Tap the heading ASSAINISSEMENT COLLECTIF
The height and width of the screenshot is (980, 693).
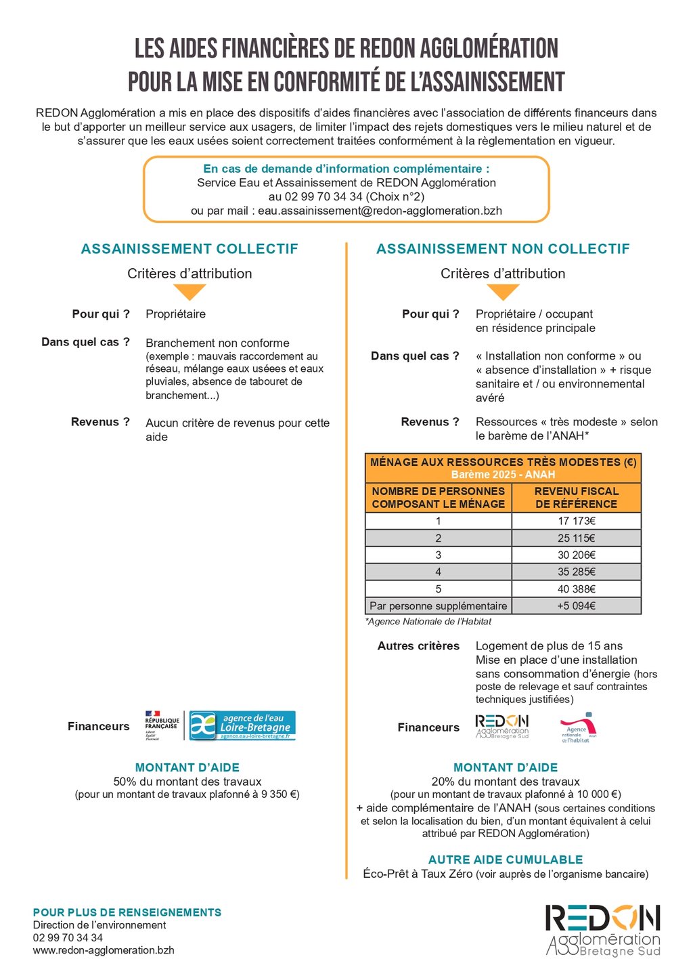(x=189, y=249)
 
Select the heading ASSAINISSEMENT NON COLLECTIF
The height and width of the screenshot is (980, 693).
(x=503, y=249)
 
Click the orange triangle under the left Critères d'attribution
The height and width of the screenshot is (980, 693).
(x=189, y=292)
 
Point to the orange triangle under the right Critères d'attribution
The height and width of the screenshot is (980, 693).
(x=503, y=292)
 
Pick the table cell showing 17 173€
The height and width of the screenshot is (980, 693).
(x=576, y=521)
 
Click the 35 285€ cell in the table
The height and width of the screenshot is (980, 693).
(x=576, y=572)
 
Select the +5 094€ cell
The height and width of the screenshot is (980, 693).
(x=576, y=605)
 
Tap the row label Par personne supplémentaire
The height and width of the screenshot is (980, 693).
(x=438, y=605)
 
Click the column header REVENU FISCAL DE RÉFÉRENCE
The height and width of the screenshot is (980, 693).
(x=576, y=498)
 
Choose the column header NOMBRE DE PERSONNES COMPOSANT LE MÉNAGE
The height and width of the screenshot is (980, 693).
(x=438, y=498)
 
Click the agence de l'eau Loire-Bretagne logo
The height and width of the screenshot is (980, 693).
(x=242, y=725)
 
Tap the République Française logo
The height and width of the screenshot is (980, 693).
(x=162, y=725)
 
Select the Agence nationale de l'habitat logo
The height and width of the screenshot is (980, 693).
(x=579, y=727)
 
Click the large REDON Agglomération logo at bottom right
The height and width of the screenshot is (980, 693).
(x=602, y=930)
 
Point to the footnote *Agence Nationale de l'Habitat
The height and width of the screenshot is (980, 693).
(x=428, y=621)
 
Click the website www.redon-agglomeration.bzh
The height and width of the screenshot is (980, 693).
(x=104, y=950)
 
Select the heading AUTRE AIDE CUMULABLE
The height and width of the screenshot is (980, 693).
(x=506, y=859)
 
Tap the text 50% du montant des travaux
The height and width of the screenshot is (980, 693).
(x=187, y=782)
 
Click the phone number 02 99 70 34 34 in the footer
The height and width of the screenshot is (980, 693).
(x=68, y=937)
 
